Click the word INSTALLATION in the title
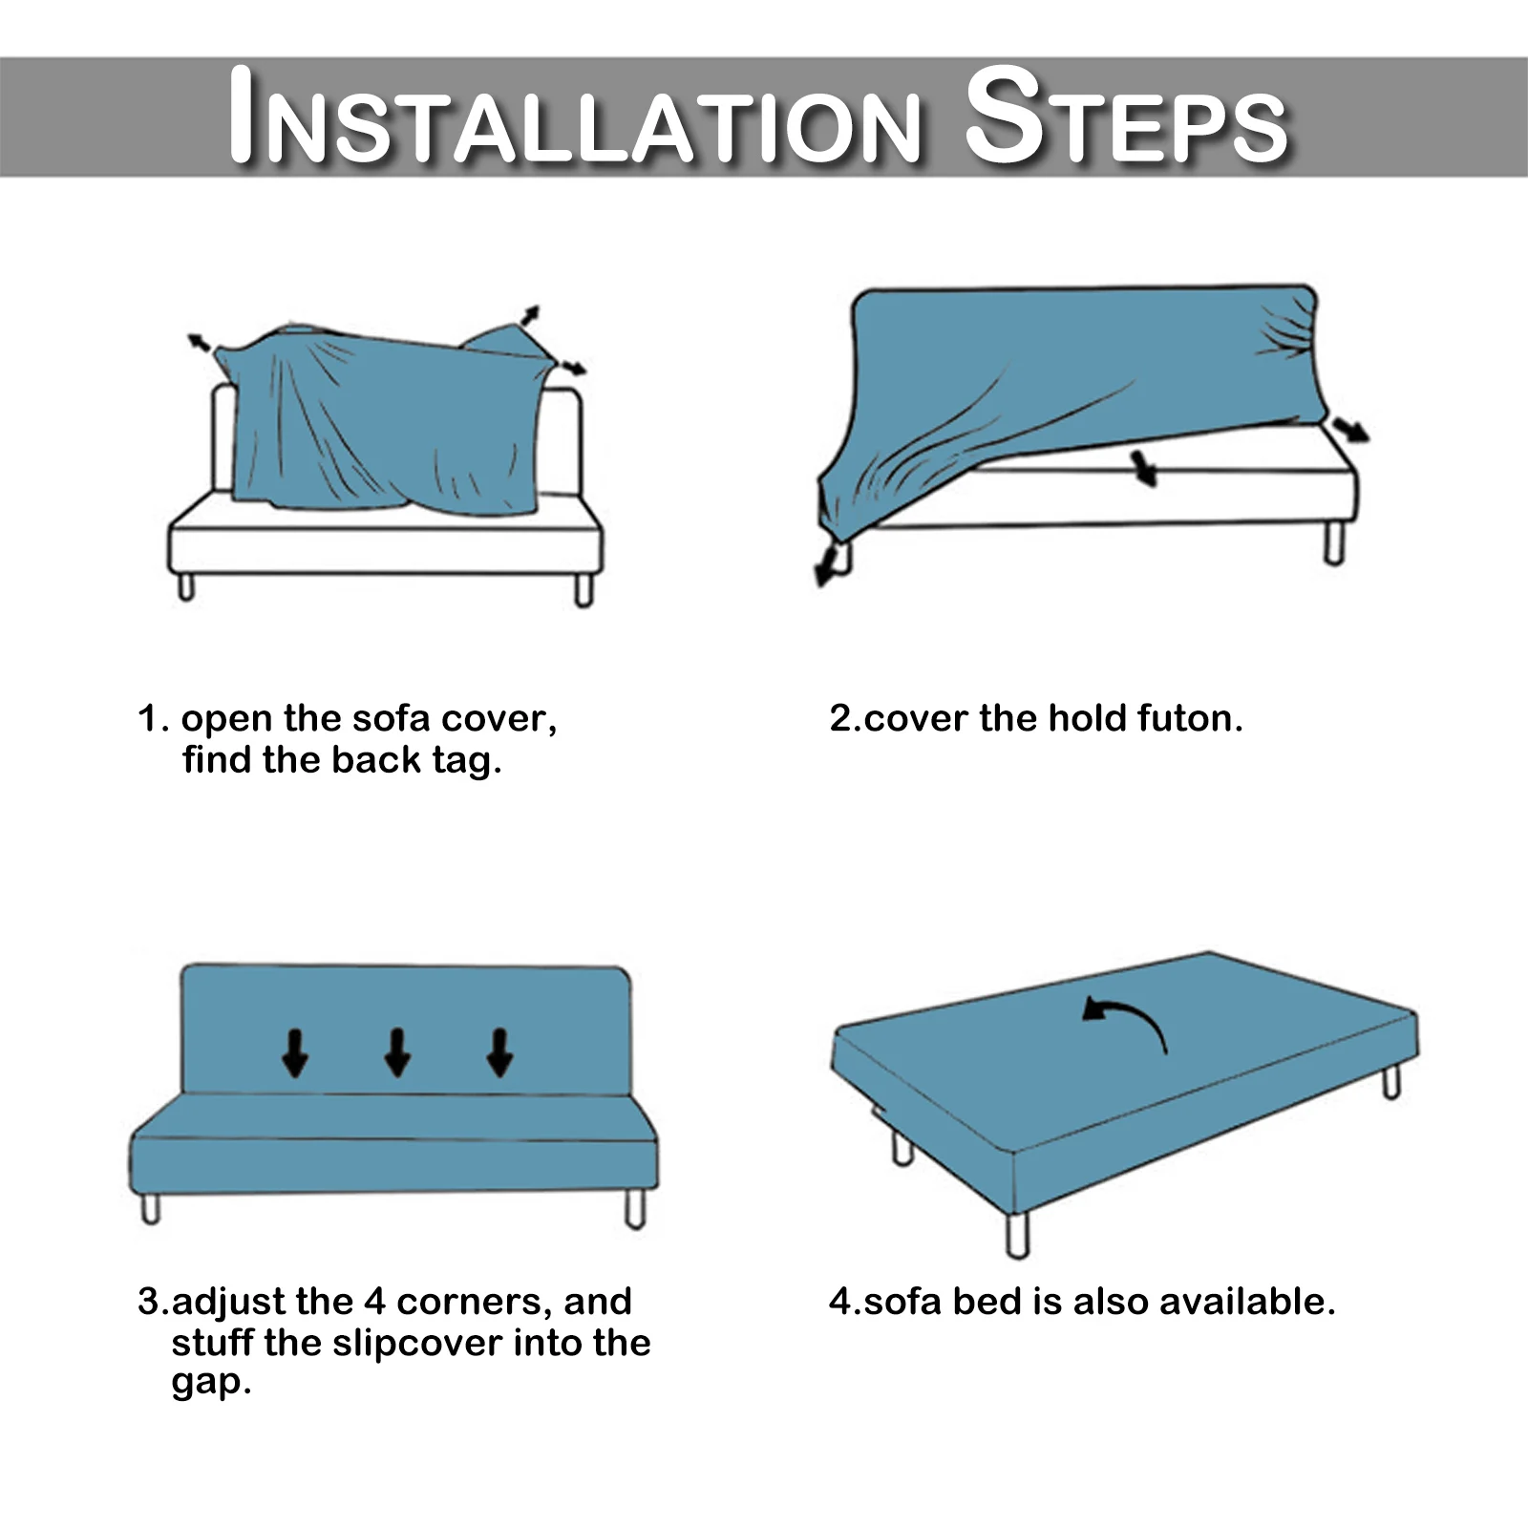pyautogui.click(x=575, y=117)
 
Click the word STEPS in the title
pyautogui.click(x=1127, y=117)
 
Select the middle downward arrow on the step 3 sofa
pyautogui.click(x=397, y=1052)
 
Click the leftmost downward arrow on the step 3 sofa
pyautogui.click(x=295, y=1052)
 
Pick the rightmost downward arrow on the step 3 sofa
pyautogui.click(x=499, y=1052)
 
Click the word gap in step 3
pyautogui.click(x=211, y=1384)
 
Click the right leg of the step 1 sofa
pyautogui.click(x=584, y=588)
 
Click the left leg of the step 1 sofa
pyautogui.click(x=186, y=585)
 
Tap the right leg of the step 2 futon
pyautogui.click(x=1334, y=542)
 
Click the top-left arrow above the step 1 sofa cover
pyautogui.click(x=200, y=343)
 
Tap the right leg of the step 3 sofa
pyautogui.click(x=636, y=1208)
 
